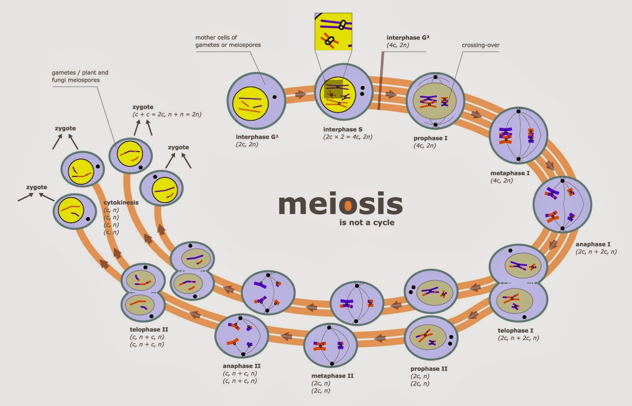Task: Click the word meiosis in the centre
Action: point(340,204)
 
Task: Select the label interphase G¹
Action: point(257,137)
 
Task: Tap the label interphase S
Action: point(342,129)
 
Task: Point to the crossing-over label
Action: point(480,45)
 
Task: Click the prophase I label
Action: point(430,138)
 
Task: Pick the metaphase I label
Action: point(510,173)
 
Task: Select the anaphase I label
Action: point(592,244)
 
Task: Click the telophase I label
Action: point(515,331)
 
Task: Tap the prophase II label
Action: point(429,368)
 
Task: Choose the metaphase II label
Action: point(332,376)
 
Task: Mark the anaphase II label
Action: point(241,366)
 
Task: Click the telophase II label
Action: point(148,329)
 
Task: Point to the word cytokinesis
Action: point(121,202)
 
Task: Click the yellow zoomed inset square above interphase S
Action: point(333,32)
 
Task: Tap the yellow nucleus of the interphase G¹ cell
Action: point(250,103)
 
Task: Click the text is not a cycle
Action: point(367,222)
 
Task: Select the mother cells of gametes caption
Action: point(228,41)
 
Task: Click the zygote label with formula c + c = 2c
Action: point(143,107)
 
